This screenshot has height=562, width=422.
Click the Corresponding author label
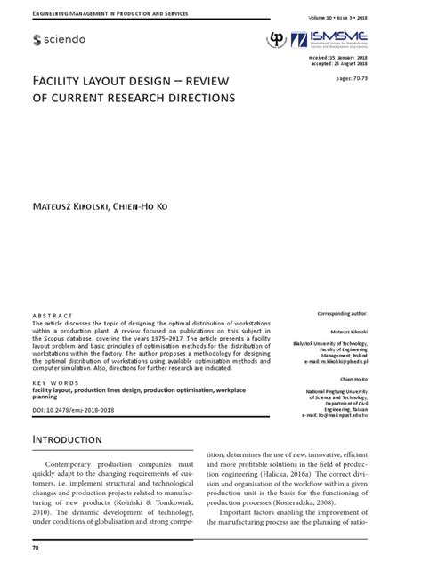[x=342, y=315]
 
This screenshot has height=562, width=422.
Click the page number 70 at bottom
[x=36, y=548]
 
